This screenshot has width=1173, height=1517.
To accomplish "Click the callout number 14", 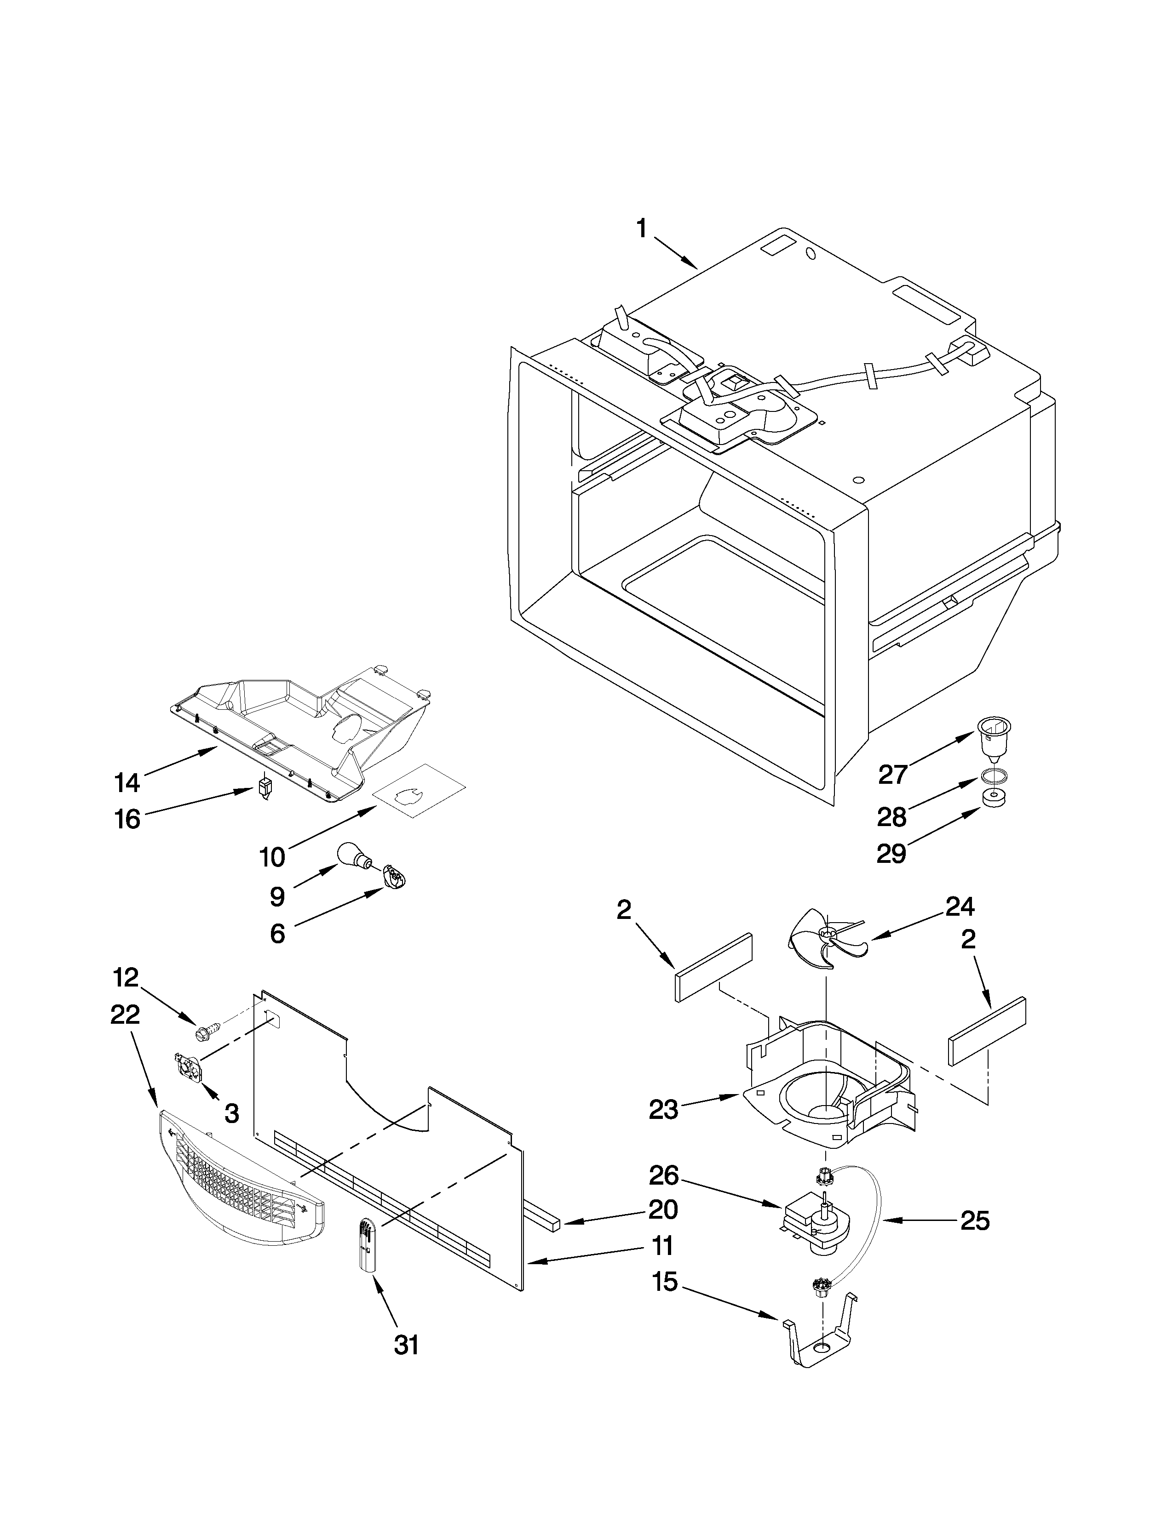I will [x=127, y=783].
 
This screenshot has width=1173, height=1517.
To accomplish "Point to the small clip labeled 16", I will [x=264, y=788].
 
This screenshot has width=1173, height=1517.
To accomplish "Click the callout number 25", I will [x=974, y=1221].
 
